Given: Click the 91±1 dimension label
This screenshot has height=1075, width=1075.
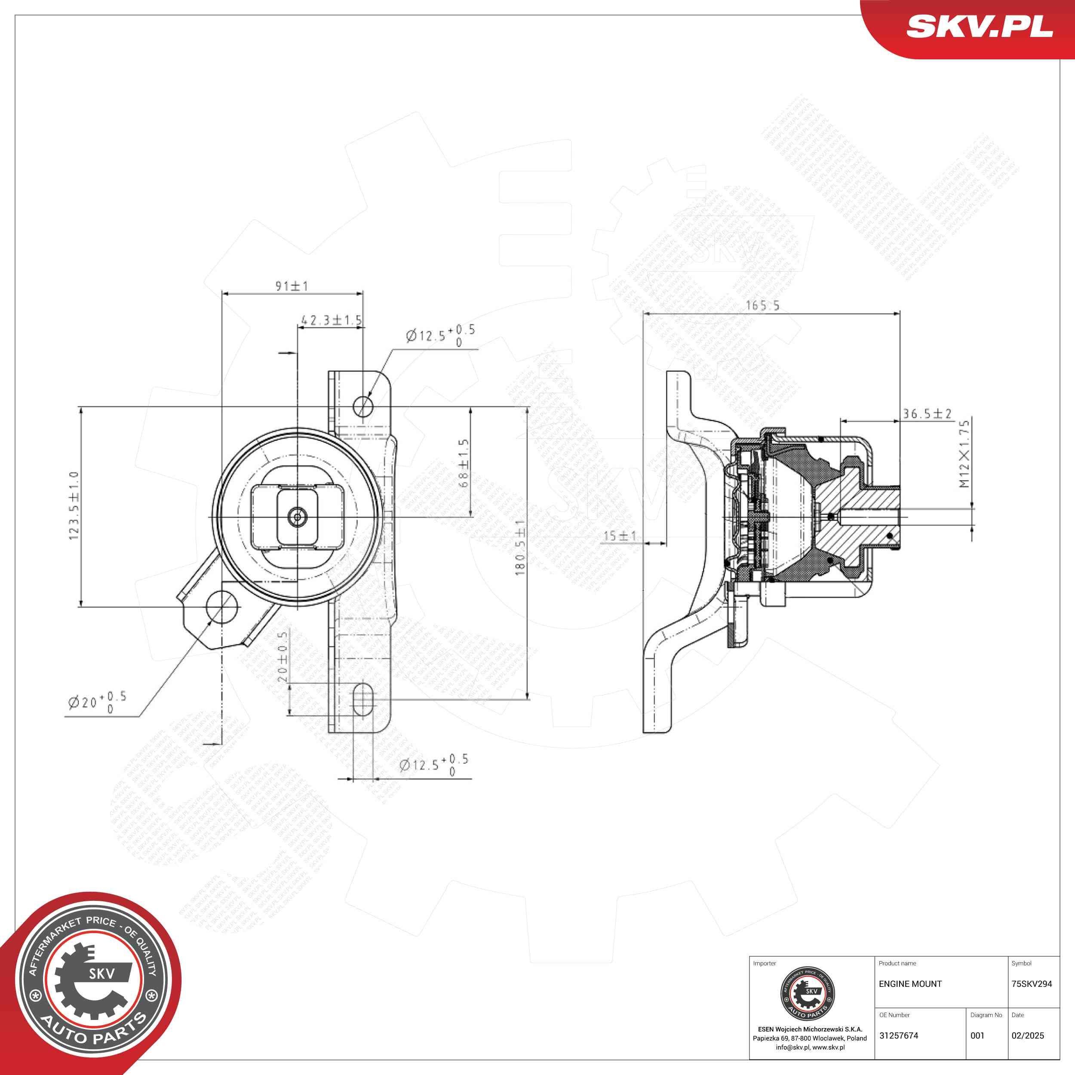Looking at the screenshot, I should click(x=292, y=286).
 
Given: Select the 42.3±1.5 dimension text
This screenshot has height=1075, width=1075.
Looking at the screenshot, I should click(x=331, y=320).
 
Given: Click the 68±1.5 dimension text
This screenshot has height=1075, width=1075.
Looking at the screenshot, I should click(x=464, y=464).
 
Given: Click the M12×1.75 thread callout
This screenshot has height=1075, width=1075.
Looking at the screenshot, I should click(x=964, y=454).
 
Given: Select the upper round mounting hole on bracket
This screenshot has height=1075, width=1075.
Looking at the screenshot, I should click(x=363, y=405).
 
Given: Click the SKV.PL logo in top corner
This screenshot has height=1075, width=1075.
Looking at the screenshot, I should click(x=979, y=26).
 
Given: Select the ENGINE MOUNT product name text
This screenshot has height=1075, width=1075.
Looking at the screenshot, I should click(x=910, y=984).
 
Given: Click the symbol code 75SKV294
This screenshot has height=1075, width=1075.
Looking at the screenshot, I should click(x=1031, y=984).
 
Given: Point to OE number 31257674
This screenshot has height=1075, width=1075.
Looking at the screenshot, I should click(x=898, y=1035).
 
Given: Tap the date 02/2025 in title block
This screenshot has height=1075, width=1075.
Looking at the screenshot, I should click(x=1027, y=1035).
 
